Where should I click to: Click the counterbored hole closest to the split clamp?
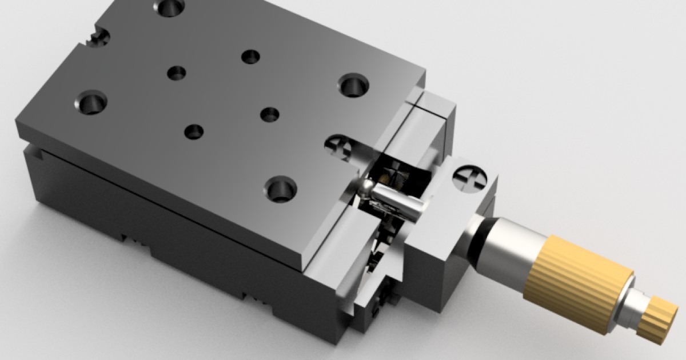pos(353,86)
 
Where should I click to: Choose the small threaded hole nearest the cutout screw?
pos(269,114)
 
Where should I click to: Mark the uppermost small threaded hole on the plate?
pos(250,57)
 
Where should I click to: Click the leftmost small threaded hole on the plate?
pos(176,73)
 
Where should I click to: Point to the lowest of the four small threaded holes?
pos(194,131)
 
